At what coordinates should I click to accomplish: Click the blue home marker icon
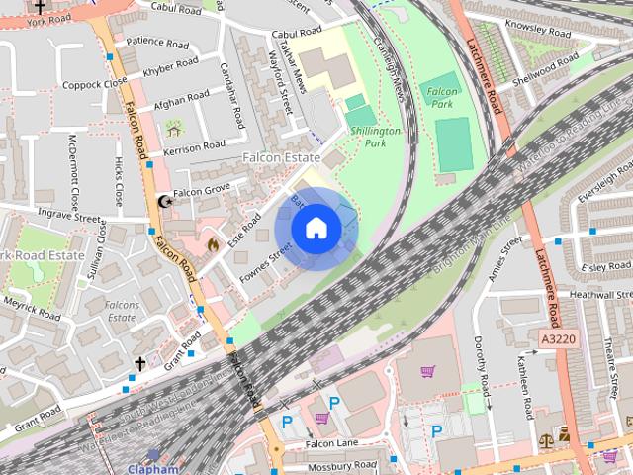(x=316, y=229)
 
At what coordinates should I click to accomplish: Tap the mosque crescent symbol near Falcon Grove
(x=164, y=201)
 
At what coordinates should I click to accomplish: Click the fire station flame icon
(x=210, y=242)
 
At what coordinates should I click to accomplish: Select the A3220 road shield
(x=558, y=338)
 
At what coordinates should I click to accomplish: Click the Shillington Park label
(x=376, y=137)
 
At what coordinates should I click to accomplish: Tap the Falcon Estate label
(x=282, y=158)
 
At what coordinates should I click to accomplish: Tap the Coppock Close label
(x=88, y=84)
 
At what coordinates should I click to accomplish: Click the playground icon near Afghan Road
(x=174, y=128)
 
